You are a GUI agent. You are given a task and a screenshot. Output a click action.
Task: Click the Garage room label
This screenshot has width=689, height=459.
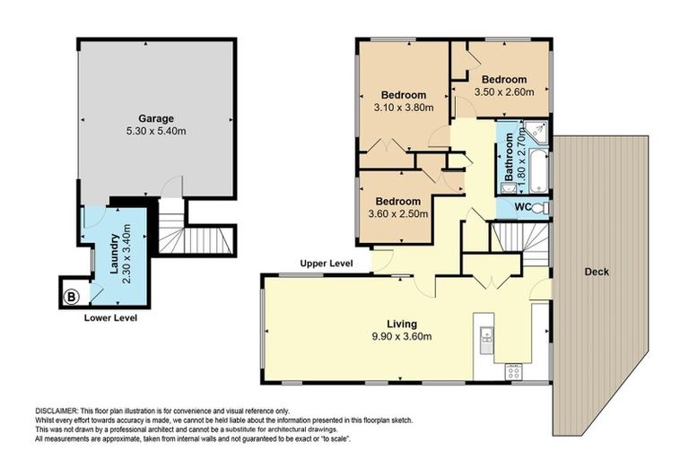pyautogui.click(x=155, y=118)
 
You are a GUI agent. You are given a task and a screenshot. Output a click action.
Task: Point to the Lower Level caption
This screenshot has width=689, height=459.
pyautogui.click(x=110, y=317)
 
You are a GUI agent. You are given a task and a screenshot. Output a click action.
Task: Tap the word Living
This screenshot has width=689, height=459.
pyautogui.click(x=403, y=324)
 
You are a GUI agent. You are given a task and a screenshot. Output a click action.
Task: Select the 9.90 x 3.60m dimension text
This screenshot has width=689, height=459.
pyautogui.click(x=403, y=337)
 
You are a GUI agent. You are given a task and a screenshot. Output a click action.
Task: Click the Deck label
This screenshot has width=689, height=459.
pyautogui.click(x=597, y=272)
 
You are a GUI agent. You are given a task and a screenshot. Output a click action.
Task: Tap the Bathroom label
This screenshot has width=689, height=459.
pyautogui.click(x=509, y=158)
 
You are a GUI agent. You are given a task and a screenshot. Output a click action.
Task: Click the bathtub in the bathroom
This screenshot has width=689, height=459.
pyautogui.click(x=538, y=172)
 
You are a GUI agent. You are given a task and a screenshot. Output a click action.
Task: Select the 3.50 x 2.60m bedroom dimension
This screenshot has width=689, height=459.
pyautogui.click(x=504, y=91)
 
